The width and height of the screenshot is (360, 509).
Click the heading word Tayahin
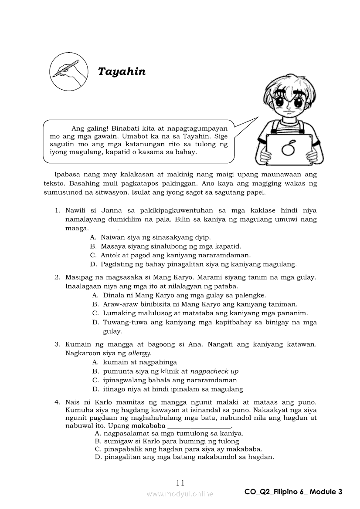tap(122, 71)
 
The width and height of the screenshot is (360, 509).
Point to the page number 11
tap(180, 482)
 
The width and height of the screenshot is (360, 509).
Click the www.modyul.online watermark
tap(180, 494)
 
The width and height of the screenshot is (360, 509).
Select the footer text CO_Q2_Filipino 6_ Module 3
tap(293, 492)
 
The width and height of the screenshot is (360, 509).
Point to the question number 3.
tap(57, 344)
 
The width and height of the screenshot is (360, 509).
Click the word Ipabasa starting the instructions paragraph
tap(65, 174)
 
